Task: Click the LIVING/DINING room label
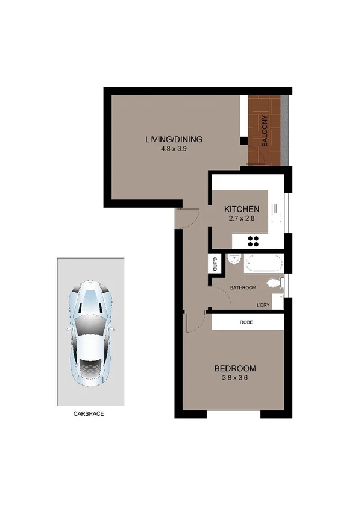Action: coord(174,140)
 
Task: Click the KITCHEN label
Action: coord(242,208)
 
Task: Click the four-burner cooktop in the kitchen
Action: coord(253,242)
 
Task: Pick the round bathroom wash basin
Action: coord(234,260)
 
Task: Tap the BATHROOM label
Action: coord(244,287)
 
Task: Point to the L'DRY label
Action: coord(263,306)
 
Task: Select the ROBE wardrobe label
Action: coord(246,322)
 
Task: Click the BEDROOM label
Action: coord(236,368)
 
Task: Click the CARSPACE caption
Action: coord(90,414)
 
